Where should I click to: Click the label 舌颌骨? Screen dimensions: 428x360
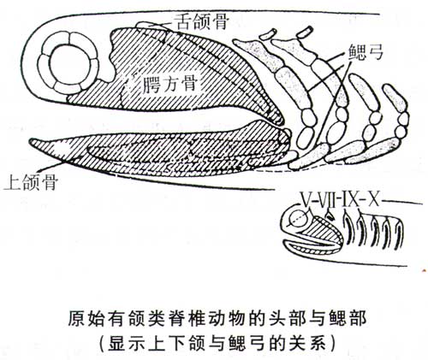pyautogui.click(x=203, y=22)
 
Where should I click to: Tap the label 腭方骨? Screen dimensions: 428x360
pyautogui.click(x=170, y=84)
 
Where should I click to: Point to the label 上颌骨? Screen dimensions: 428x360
pyautogui.click(x=32, y=182)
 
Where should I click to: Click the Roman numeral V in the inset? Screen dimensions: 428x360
pyautogui.click(x=306, y=199)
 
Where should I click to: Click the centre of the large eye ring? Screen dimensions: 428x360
pyautogui.click(x=68, y=63)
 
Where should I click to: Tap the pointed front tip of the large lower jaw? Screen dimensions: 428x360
pyautogui.click(x=31, y=140)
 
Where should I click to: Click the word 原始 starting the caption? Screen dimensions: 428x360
pyautogui.click(x=82, y=318)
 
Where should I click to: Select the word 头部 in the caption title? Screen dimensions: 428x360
pyautogui.click(x=298, y=318)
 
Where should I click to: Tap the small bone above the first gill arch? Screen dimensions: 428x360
pyautogui.click(x=268, y=33)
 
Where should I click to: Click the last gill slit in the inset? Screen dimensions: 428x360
pyautogui.click(x=399, y=233)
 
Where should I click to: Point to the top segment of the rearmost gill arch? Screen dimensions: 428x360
pyautogui.click(x=395, y=98)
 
